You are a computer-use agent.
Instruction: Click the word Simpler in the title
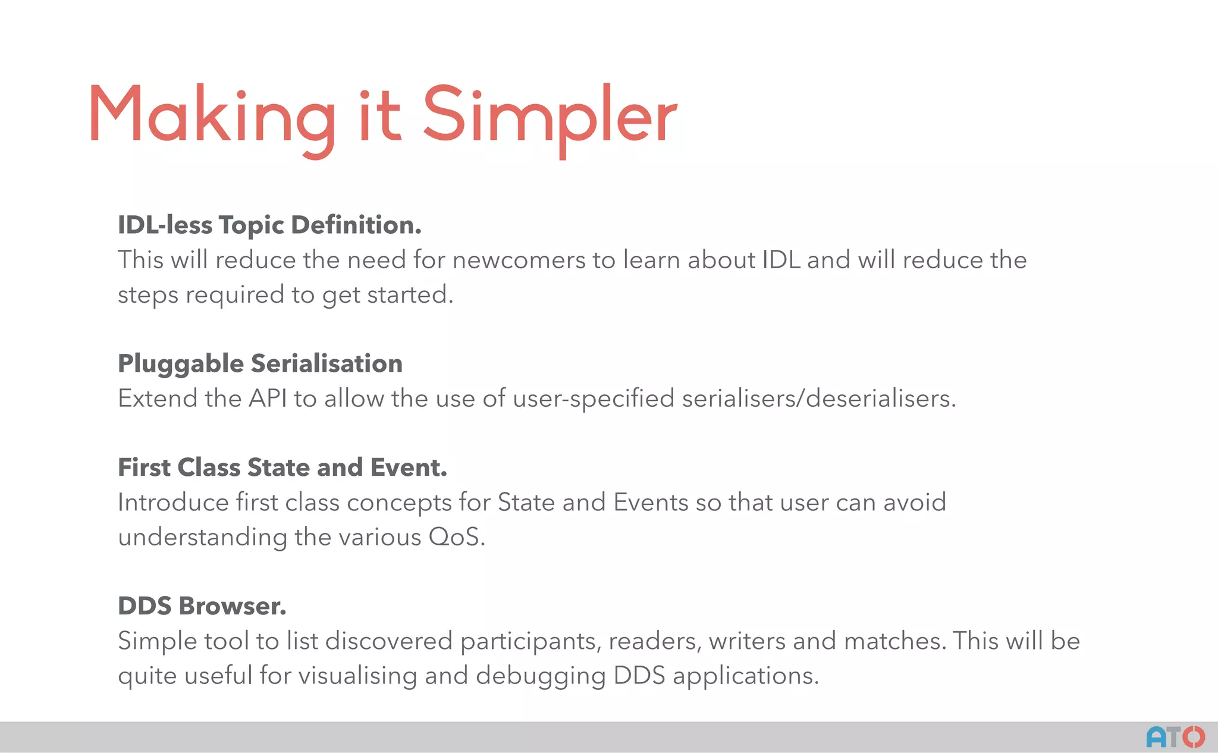point(550,116)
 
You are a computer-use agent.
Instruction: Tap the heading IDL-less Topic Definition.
point(269,225)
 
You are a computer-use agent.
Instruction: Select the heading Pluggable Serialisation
point(260,363)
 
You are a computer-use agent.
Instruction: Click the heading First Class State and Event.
point(282,468)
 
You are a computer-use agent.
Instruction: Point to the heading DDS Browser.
point(202,606)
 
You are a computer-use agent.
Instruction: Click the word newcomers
point(519,261)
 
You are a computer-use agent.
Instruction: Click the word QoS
point(456,537)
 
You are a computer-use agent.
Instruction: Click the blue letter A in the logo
point(1157,738)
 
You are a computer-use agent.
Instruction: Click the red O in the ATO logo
point(1193,738)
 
